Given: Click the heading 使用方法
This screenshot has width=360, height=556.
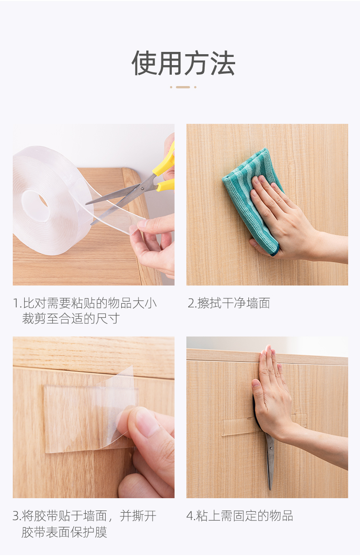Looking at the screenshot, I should pyautogui.click(x=183, y=63).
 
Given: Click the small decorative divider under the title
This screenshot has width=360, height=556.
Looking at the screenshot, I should pyautogui.click(x=183, y=87).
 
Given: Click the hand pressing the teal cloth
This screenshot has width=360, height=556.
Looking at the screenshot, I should pyautogui.click(x=283, y=219).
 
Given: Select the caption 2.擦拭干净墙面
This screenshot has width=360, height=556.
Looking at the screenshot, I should pyautogui.click(x=229, y=303).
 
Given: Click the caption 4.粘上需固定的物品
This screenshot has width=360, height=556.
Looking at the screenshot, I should pyautogui.click(x=240, y=516).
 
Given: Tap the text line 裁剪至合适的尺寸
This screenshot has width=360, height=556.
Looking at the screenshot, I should pyautogui.click(x=71, y=318).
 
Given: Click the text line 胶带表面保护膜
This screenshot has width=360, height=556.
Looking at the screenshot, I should pyautogui.click(x=64, y=532).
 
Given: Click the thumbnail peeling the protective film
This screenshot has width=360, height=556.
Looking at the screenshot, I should pyautogui.click(x=93, y=417).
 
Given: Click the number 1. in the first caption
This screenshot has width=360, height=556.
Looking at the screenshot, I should pyautogui.click(x=17, y=303).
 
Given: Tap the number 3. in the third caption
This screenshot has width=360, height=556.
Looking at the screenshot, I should pyautogui.click(x=17, y=516).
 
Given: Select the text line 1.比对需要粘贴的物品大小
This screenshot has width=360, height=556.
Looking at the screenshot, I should pyautogui.click(x=85, y=303).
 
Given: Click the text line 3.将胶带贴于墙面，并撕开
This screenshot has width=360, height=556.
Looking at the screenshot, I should pyautogui.click(x=85, y=516).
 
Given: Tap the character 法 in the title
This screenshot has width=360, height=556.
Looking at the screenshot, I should pyautogui.click(x=222, y=63).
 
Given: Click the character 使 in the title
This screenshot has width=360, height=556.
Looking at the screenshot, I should pyautogui.click(x=144, y=63).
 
